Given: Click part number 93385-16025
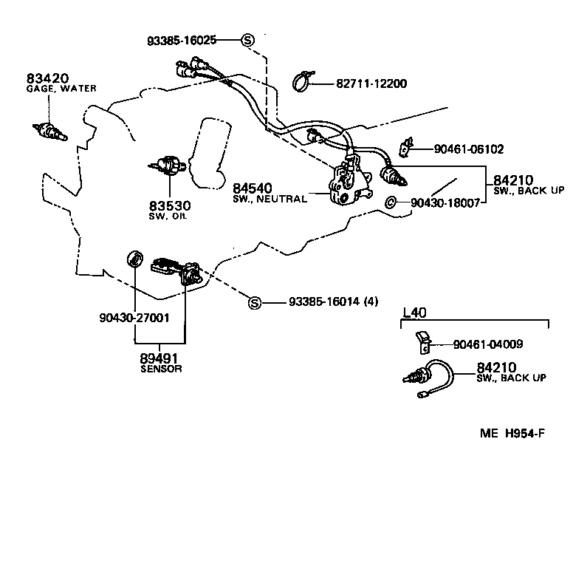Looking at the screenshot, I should [181, 40].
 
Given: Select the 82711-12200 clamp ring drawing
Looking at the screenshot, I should [303, 80].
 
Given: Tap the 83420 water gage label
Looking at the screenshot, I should [47, 78].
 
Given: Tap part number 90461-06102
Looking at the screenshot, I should [468, 149].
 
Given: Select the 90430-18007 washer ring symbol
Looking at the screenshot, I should [391, 202].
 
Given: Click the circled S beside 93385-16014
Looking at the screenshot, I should [254, 302].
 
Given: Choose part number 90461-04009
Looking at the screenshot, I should [488, 344].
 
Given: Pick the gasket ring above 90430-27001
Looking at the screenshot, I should [134, 259].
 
